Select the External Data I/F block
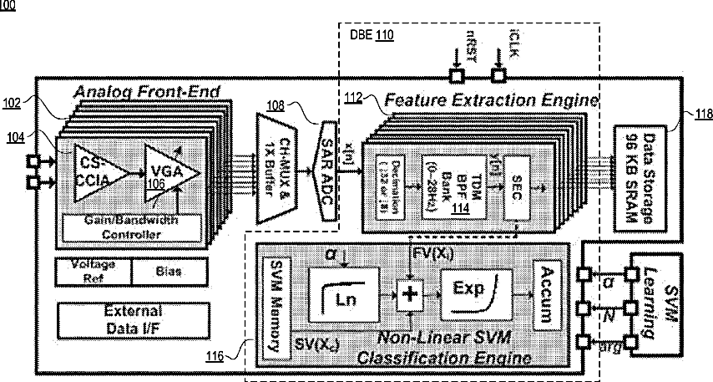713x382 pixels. (132, 318)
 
